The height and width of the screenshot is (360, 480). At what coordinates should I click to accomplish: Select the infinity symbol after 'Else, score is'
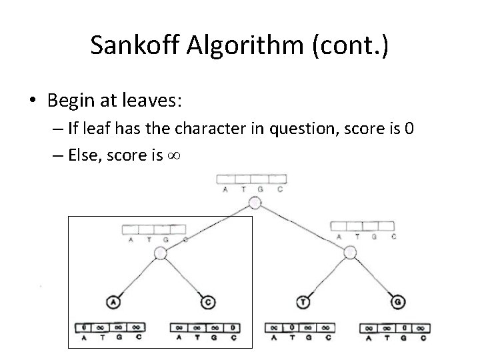(x=177, y=155)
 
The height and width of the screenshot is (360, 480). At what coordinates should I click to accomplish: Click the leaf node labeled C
(x=208, y=302)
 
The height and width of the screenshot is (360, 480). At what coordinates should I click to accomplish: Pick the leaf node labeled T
(x=304, y=302)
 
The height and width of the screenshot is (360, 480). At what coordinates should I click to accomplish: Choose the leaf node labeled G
(x=399, y=302)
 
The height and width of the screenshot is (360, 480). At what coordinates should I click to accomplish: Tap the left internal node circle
(x=160, y=253)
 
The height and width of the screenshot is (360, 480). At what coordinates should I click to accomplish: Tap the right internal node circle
(x=351, y=253)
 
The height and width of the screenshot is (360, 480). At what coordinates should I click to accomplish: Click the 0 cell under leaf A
(x=84, y=327)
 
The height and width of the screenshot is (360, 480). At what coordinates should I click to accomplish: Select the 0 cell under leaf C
(x=233, y=327)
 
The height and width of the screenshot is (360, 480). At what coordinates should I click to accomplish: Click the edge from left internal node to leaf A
(x=137, y=277)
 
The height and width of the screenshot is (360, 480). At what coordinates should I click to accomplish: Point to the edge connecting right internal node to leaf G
(x=375, y=277)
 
